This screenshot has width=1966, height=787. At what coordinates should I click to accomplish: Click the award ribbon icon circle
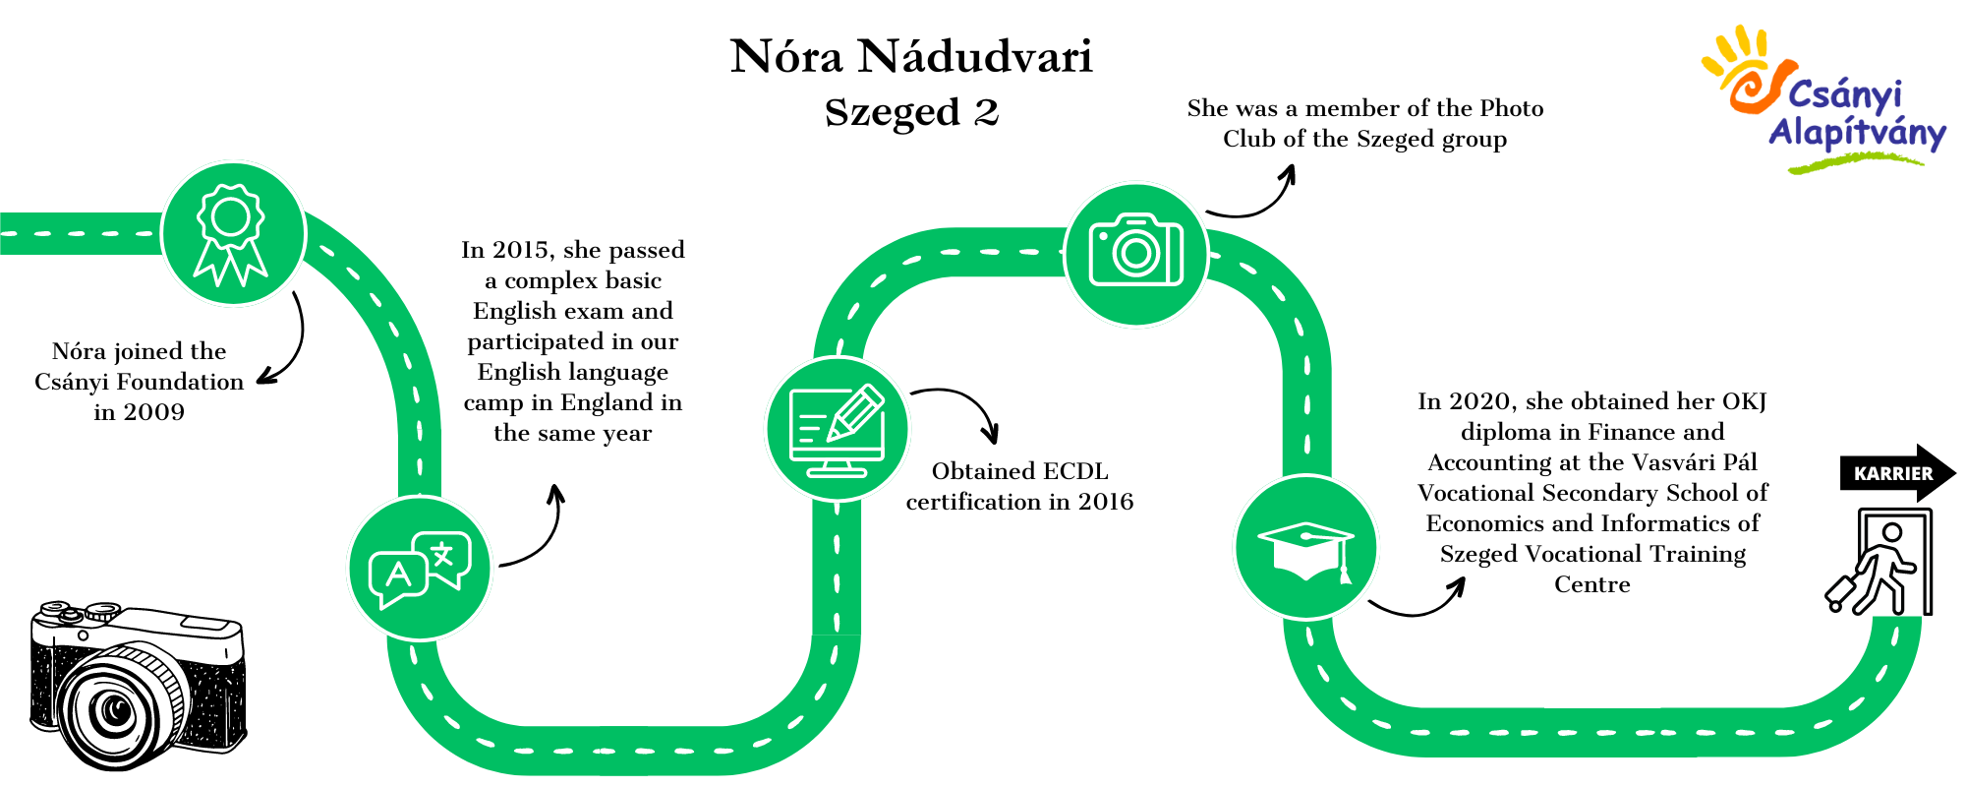tap(233, 234)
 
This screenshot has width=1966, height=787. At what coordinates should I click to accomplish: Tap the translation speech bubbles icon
tap(420, 569)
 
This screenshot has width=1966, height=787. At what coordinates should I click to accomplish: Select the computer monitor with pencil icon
tap(838, 429)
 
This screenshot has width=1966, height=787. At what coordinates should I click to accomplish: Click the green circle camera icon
tap(1136, 254)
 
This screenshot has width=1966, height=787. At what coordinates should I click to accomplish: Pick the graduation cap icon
tap(1306, 547)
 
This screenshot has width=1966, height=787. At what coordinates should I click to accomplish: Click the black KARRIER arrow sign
tap(1897, 473)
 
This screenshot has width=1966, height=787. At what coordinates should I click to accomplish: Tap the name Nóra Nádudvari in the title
tap(911, 57)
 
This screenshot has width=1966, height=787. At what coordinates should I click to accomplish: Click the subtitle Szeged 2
tap(911, 112)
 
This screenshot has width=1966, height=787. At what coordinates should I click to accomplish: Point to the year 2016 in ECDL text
tap(1106, 502)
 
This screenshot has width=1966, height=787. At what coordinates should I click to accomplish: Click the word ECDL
tap(1074, 471)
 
